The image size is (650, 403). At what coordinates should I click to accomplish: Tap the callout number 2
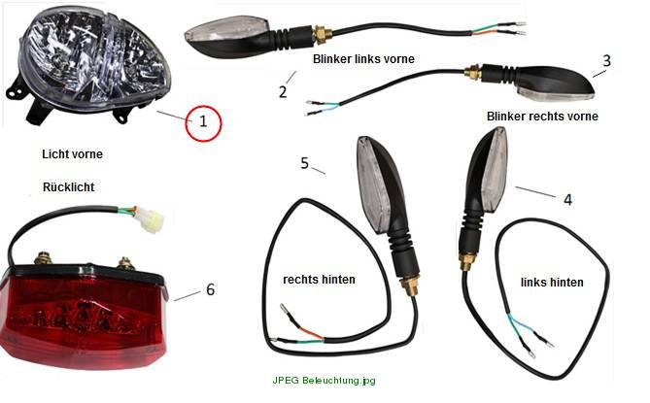[283, 92]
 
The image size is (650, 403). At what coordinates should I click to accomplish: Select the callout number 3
[606, 61]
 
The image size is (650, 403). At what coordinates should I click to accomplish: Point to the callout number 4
[567, 200]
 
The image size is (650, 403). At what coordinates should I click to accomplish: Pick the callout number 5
[305, 163]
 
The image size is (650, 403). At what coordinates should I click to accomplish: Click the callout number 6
[211, 289]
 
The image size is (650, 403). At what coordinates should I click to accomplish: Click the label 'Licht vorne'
[72, 154]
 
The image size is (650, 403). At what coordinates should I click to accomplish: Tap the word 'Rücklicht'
[68, 187]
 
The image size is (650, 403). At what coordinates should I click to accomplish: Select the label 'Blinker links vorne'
[363, 59]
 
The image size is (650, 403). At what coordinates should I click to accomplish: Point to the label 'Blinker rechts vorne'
[542, 117]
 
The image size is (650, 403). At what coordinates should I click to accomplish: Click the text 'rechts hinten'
[319, 280]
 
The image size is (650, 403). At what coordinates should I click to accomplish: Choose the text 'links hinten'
[552, 283]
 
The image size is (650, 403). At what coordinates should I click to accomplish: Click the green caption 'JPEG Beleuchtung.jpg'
[325, 381]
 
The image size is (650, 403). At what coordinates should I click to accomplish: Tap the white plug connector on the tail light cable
[151, 219]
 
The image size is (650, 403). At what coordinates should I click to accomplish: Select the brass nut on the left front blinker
[320, 34]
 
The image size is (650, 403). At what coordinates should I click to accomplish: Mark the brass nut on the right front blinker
[472, 73]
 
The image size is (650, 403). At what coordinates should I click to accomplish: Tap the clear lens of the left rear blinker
[494, 169]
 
